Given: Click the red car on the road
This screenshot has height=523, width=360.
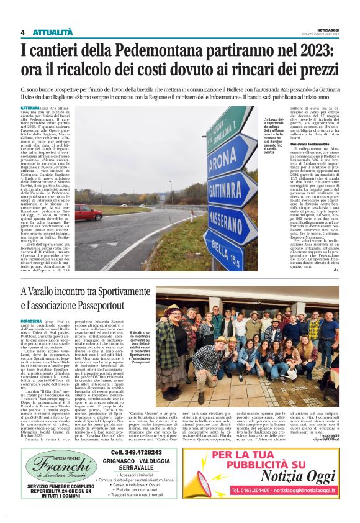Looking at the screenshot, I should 89,212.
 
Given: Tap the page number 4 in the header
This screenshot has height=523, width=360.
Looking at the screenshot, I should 22,32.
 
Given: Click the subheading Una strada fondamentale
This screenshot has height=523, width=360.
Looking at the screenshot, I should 295,145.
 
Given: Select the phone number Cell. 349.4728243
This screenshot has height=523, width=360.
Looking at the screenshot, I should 133,452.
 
